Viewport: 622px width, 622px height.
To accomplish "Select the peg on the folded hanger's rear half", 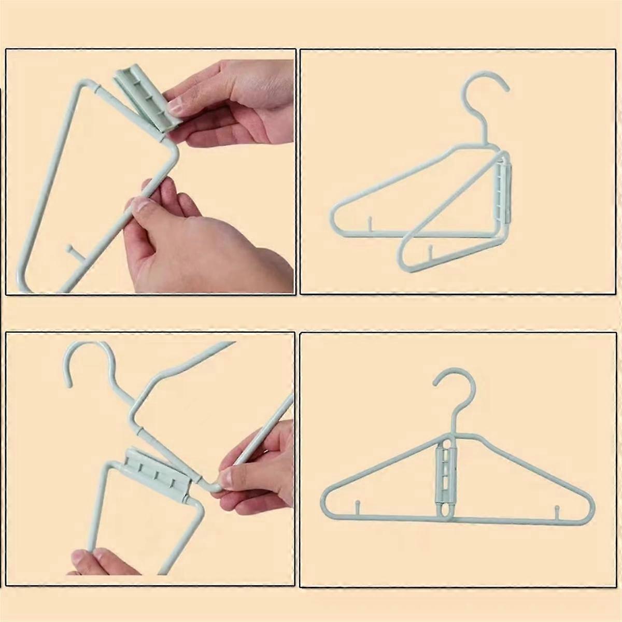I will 370,224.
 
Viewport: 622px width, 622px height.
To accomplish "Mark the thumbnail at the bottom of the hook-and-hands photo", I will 83,558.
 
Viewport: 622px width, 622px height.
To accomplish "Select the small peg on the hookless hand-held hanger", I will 69,252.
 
